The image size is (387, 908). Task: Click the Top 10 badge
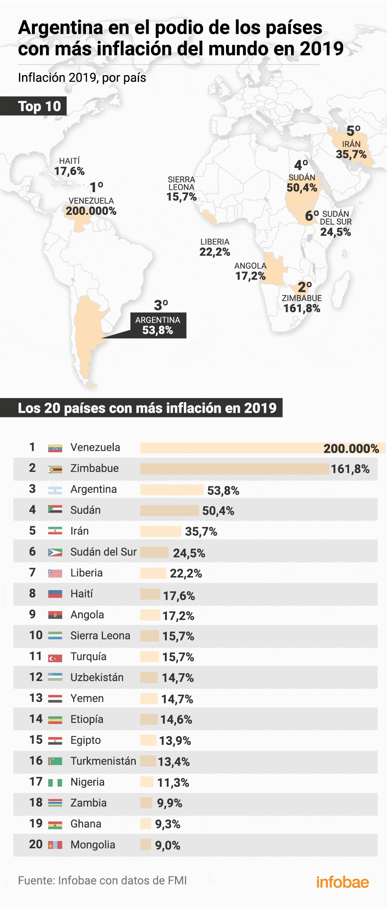coord(39,106)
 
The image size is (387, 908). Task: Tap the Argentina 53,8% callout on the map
coord(158,325)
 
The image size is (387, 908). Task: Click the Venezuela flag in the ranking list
coord(55,448)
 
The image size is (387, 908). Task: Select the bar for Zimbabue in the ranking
coord(235,469)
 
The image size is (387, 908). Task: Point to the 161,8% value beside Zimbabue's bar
coord(350,469)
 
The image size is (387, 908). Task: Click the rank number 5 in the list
coord(33,530)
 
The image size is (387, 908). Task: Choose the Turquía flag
coord(55,658)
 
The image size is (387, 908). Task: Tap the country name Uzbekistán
coord(97,677)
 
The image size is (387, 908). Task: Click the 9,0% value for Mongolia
coord(168,845)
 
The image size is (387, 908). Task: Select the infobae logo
coord(342,882)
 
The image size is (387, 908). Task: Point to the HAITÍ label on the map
coord(69,161)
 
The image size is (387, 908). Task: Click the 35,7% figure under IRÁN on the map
coord(351,154)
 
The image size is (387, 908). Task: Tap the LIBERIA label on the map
coord(215,242)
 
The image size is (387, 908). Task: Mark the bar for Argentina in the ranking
coord(171,490)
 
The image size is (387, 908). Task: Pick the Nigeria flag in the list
coord(55,783)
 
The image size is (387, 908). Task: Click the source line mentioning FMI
coord(102,880)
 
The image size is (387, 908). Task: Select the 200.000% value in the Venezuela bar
coord(351,448)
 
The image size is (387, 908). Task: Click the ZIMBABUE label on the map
coord(301,298)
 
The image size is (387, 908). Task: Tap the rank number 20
coord(36,844)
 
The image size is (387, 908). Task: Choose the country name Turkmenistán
coord(103,761)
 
